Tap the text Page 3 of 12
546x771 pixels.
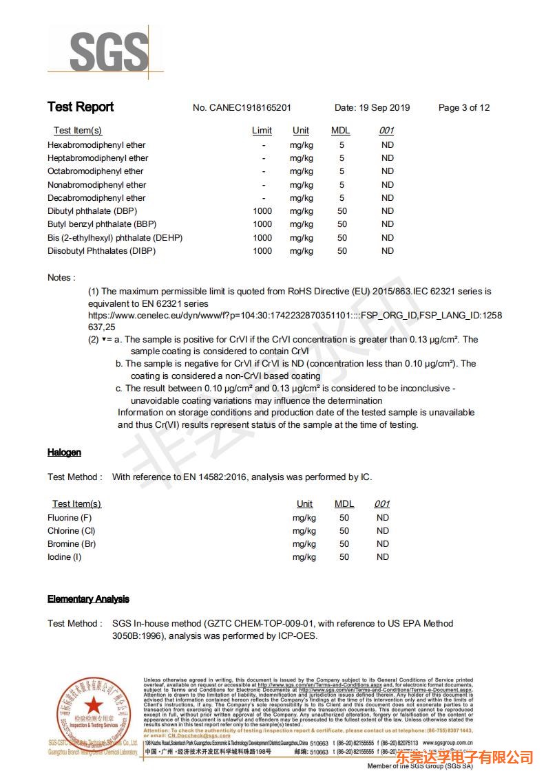[464, 108]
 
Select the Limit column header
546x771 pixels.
[262, 131]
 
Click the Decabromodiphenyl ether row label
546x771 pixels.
[96, 198]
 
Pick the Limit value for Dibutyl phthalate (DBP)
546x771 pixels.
[262, 211]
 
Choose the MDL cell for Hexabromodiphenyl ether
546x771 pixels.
[342, 145]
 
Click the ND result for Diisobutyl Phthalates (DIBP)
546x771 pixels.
[388, 251]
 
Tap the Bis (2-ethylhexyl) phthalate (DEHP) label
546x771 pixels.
[115, 238]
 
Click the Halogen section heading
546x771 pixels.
[64, 453]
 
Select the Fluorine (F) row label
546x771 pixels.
[70, 518]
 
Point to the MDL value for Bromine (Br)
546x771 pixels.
[344, 544]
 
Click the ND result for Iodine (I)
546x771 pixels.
[383, 557]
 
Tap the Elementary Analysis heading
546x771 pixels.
[88, 599]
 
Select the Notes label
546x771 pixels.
[61, 278]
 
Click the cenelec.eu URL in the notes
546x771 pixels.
[295, 316]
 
